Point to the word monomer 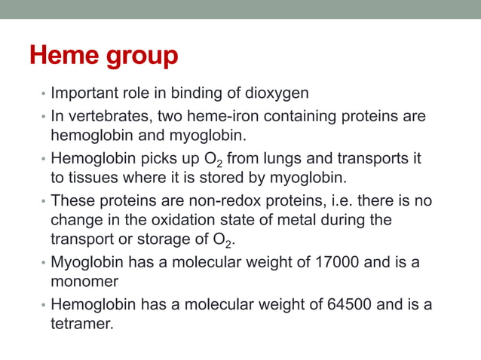pos(84,281)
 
